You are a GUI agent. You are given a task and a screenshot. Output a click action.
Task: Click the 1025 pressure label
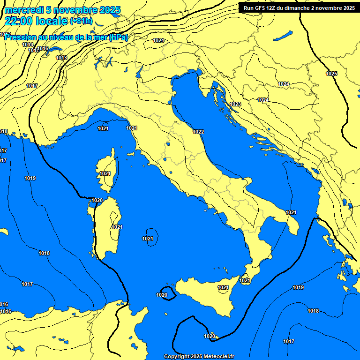point(331,74)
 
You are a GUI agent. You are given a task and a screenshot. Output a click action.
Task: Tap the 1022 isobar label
point(198,132)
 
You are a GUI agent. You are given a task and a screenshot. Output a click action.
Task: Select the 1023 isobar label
point(235,104)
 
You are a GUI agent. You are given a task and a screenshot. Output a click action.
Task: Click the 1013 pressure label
point(61,58)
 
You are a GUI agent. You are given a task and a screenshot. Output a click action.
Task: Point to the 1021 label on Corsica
point(105,173)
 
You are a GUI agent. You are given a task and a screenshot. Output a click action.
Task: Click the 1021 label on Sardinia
point(117,227)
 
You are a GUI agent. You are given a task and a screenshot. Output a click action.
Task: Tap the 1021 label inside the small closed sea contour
point(148,239)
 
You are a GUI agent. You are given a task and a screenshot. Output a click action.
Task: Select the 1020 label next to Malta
point(210,336)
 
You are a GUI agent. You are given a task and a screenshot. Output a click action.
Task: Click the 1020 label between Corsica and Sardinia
point(97,200)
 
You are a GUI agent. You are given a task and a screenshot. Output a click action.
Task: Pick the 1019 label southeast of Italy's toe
point(298,287)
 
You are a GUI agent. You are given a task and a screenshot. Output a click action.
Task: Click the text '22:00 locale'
point(36,21)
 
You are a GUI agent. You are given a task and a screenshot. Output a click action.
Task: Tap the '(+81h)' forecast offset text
point(82,21)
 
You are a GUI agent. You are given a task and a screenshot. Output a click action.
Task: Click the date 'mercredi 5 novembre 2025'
point(63,10)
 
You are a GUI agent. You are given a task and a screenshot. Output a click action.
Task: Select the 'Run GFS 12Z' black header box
point(297,7)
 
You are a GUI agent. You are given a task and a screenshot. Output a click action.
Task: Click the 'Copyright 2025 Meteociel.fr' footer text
point(199,356)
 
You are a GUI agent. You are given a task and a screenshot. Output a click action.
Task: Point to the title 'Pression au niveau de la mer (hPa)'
point(66,37)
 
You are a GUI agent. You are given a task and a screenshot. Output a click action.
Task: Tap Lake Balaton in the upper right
point(283,35)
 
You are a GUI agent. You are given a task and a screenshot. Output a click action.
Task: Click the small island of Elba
point(131,154)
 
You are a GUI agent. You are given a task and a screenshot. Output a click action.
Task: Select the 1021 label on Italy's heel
point(291,212)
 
